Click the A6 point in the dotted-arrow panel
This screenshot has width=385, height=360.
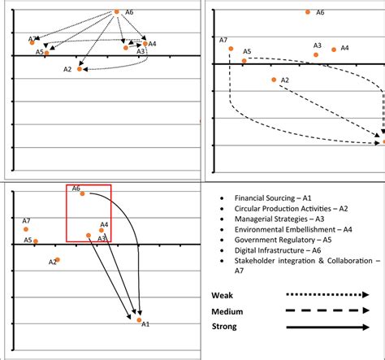pyautogui.click(x=117, y=11)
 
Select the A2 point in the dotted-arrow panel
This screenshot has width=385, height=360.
pyautogui.click(x=80, y=69)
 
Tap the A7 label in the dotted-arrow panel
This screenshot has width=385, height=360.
pyautogui.click(x=31, y=38)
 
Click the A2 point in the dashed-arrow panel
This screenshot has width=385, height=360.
pyautogui.click(x=274, y=80)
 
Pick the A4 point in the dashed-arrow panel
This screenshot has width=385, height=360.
pyautogui.click(x=334, y=50)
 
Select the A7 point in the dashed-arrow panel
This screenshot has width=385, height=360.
pyautogui.click(x=231, y=49)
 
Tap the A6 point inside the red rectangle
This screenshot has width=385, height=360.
pyautogui.click(x=82, y=193)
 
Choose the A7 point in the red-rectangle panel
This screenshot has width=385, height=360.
pyautogui.click(x=26, y=229)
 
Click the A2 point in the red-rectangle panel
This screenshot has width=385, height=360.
pyautogui.click(x=58, y=259)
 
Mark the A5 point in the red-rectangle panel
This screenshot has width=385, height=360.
pyautogui.click(x=35, y=241)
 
